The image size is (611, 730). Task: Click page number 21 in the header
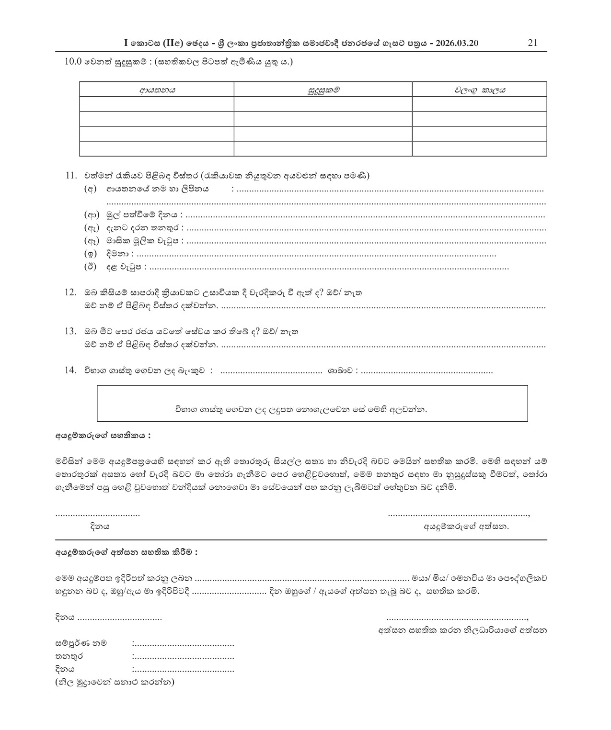click(532, 43)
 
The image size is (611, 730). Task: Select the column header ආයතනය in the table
click(157, 90)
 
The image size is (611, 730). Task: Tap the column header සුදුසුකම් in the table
click(323, 90)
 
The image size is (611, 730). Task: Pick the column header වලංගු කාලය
click(480, 90)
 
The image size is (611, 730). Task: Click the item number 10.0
click(74, 62)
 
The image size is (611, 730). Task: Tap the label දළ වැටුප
click(124, 267)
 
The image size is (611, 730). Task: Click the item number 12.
click(70, 292)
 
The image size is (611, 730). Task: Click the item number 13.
click(70, 331)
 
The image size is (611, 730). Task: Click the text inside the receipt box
click(300, 410)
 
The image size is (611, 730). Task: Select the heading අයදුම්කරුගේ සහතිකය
click(103, 436)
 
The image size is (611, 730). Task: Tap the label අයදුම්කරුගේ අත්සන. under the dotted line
click(466, 527)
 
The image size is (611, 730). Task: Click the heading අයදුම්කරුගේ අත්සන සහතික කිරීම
click(127, 552)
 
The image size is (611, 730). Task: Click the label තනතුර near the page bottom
click(69, 656)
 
